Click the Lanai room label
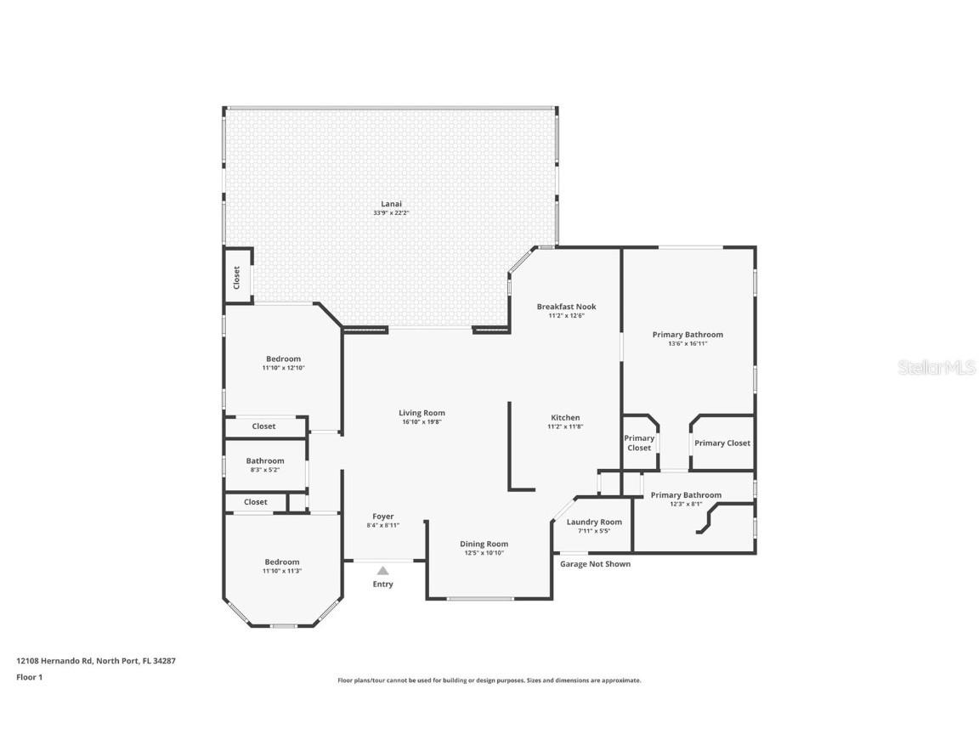coord(391,204)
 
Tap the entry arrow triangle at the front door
coord(383,571)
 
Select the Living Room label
coord(422,413)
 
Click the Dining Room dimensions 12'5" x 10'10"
coord(484,553)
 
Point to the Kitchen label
coord(565,417)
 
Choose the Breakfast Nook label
coord(566,307)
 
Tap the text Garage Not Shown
coord(595,564)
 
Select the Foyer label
coord(382,517)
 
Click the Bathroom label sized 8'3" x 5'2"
coord(265,460)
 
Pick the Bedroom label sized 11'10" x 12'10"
coord(283,359)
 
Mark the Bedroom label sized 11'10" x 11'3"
coord(281,562)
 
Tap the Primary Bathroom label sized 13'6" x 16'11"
coord(688,335)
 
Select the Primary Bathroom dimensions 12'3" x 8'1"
coord(686,504)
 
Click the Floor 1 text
coord(29,677)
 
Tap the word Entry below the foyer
coord(383,584)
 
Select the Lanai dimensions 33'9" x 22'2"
coord(391,212)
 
